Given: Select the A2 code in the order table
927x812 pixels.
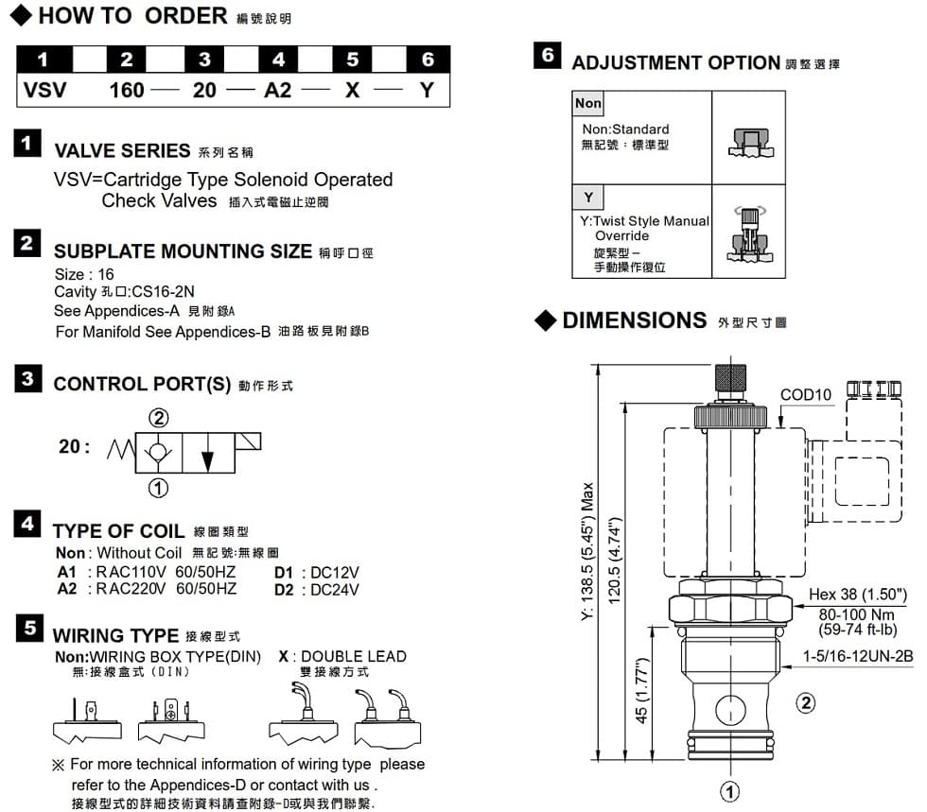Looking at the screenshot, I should point(278,91).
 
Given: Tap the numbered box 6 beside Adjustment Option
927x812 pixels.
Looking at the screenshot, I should point(547,56).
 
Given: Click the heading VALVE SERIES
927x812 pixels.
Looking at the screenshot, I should point(122,151).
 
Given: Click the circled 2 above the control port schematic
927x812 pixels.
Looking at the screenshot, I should point(159,419).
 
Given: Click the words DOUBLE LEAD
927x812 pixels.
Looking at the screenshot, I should point(353,656).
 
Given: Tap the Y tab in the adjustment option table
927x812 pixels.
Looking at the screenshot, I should point(588,197).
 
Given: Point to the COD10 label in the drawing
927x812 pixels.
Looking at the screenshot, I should point(805,394).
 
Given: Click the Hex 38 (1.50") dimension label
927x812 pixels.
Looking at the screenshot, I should point(858,595).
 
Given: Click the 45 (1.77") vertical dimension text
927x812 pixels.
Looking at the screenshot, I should point(641,691).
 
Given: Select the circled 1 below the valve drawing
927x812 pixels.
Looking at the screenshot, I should point(730,791).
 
